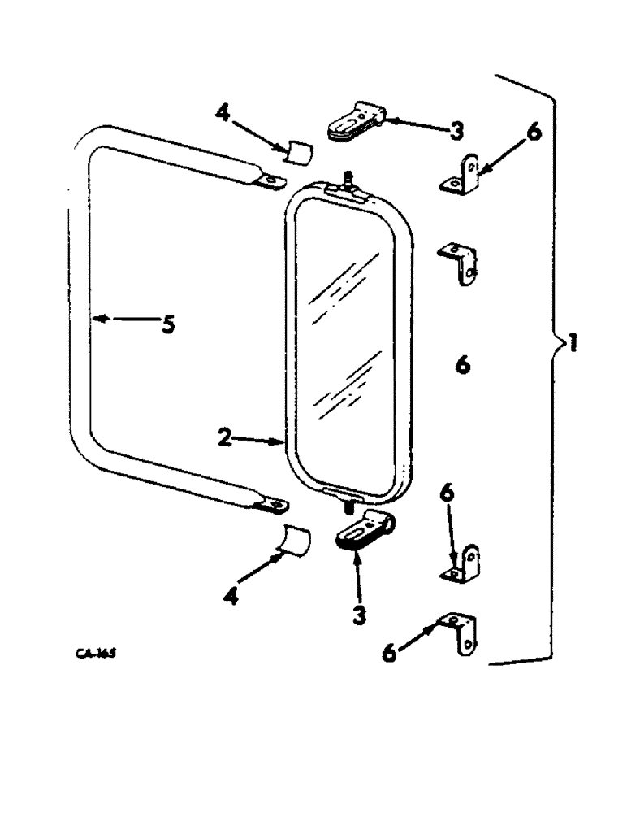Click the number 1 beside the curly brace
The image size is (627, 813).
(x=573, y=345)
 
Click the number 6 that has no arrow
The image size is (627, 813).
(x=463, y=367)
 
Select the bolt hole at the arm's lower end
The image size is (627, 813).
(x=278, y=506)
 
